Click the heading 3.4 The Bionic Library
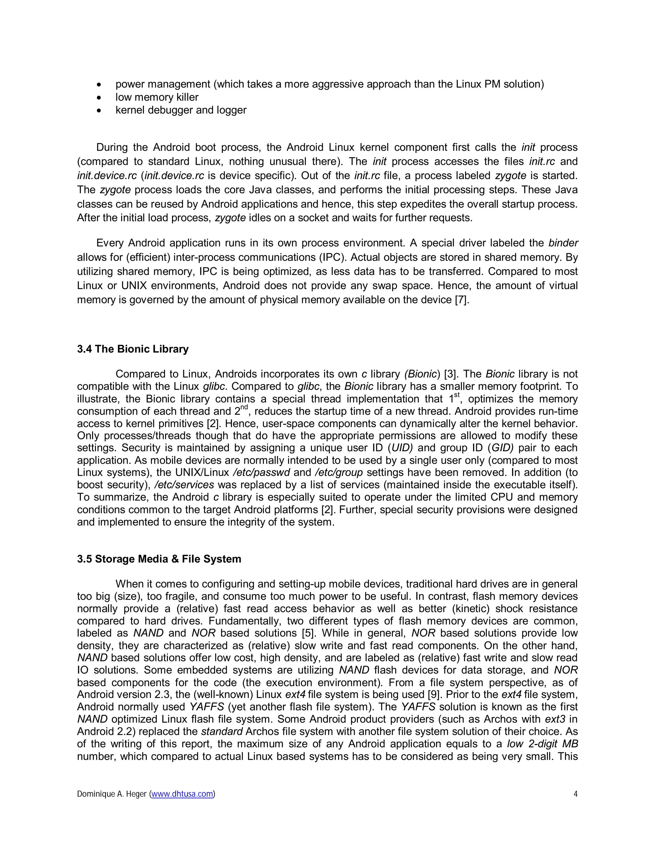tap(133, 349)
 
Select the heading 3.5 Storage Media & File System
tap(159, 559)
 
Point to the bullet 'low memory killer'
tap(157, 97)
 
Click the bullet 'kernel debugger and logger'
tap(181, 110)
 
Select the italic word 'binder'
tap(563, 243)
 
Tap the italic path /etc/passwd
tap(261, 473)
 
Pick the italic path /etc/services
tap(184, 485)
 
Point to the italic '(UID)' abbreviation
tap(402, 448)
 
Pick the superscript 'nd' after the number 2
tap(244, 407)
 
